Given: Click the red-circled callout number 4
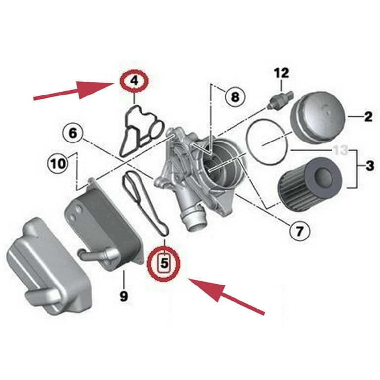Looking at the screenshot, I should tap(134, 80).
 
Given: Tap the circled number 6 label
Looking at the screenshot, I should tap(73, 133).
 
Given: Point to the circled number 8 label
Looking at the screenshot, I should tap(234, 95).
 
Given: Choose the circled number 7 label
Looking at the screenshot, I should tap(300, 230).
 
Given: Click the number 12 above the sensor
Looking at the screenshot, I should tap(281, 74).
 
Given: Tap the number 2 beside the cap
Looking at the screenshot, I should tap(368, 117).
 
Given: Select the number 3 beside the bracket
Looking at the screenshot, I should tap(370, 166).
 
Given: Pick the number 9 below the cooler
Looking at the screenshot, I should tap(123, 296).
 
